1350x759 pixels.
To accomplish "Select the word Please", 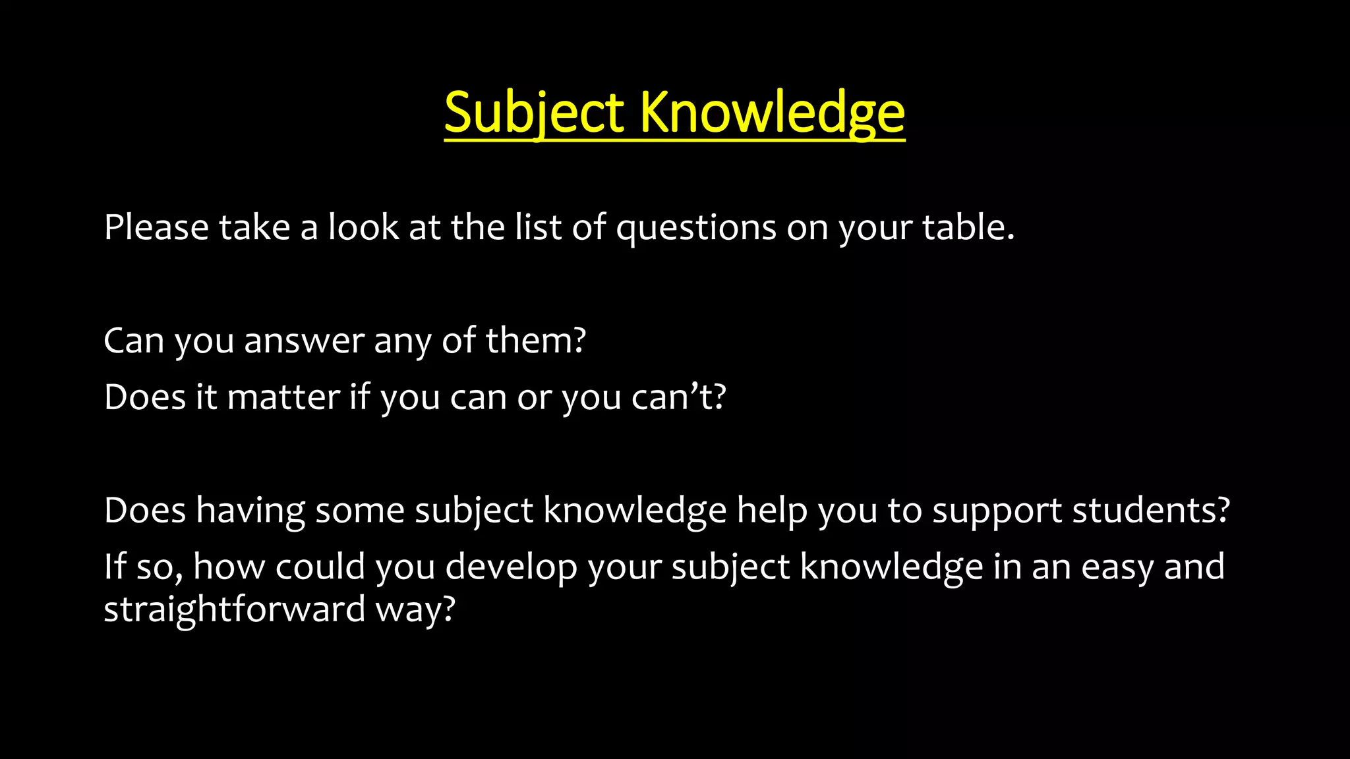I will pos(156,227).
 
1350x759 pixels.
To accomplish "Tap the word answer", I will pos(304,341).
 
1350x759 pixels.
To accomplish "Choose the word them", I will pos(535,341).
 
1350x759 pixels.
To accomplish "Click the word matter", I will pos(283,397).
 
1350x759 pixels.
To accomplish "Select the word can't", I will pos(678,397).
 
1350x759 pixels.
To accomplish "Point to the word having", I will pos(250,511).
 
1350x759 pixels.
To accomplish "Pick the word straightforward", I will pos(235,609).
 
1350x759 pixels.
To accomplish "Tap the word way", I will pos(415,610).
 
